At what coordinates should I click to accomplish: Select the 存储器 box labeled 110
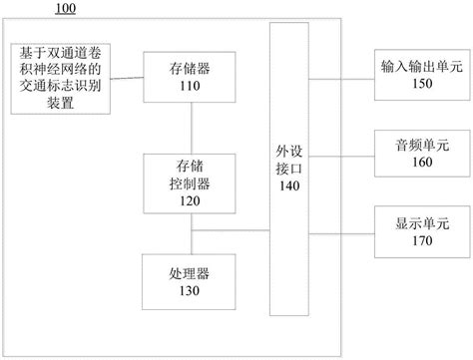point(190,76)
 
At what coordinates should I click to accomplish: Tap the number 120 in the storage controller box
point(190,199)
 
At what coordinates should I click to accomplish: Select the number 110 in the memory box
point(190,86)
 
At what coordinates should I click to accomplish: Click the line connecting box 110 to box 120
point(190,128)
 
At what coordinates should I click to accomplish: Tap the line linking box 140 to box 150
point(338,76)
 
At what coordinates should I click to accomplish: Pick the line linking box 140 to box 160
point(338,151)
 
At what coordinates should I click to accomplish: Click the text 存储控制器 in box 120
point(190,176)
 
